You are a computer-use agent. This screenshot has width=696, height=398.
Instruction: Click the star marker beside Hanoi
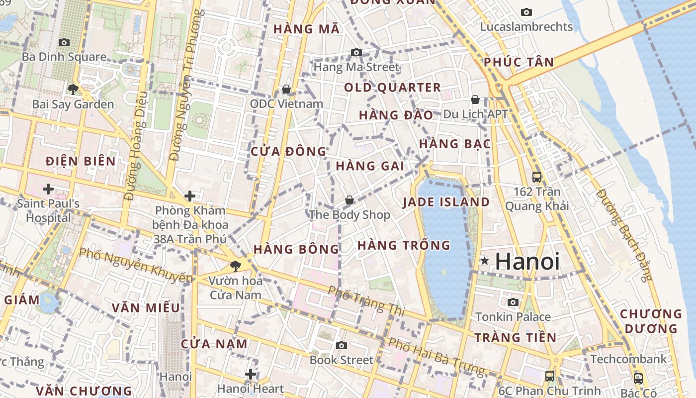(485, 261)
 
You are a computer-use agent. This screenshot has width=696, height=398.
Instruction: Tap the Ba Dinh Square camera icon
(64, 43)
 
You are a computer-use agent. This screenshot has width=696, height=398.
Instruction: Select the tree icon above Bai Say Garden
(73, 90)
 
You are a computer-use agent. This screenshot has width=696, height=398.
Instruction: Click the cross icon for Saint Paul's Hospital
(48, 189)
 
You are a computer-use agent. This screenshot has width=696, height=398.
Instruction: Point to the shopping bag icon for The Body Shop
(349, 200)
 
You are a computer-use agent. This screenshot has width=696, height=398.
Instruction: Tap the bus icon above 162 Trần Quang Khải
(537, 177)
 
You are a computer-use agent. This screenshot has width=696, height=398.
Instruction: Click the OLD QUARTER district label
(392, 88)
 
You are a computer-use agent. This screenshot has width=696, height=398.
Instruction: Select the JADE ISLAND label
(446, 202)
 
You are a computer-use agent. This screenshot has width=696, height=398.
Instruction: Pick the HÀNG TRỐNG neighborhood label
(404, 245)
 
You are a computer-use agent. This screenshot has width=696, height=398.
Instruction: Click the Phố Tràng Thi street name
(366, 301)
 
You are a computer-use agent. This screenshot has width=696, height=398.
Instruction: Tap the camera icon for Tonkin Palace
(513, 302)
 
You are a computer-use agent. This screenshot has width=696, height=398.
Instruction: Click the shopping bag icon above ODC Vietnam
(286, 89)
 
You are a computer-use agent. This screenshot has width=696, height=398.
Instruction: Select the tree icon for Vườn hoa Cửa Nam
(236, 266)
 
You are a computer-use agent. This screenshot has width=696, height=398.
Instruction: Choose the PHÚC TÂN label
(519, 62)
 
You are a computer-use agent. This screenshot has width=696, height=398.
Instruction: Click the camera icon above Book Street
(341, 345)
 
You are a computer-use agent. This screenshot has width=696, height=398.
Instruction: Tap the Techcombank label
(628, 359)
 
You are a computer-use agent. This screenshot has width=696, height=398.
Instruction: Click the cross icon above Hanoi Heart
(251, 374)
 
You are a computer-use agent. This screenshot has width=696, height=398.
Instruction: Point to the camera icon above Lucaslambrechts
(526, 12)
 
